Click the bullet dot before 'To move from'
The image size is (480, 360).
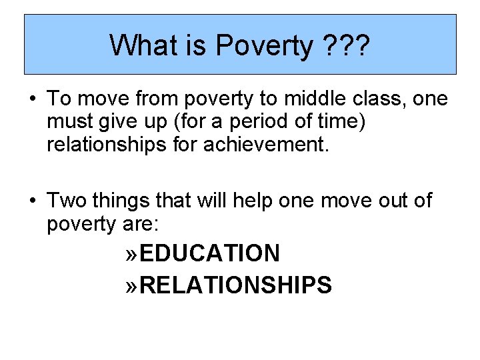point(32,99)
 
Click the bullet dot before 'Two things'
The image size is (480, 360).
point(32,200)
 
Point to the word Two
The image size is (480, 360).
point(64,200)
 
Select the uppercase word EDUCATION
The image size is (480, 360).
point(210,254)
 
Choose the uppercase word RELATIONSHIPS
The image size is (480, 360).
point(236,285)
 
